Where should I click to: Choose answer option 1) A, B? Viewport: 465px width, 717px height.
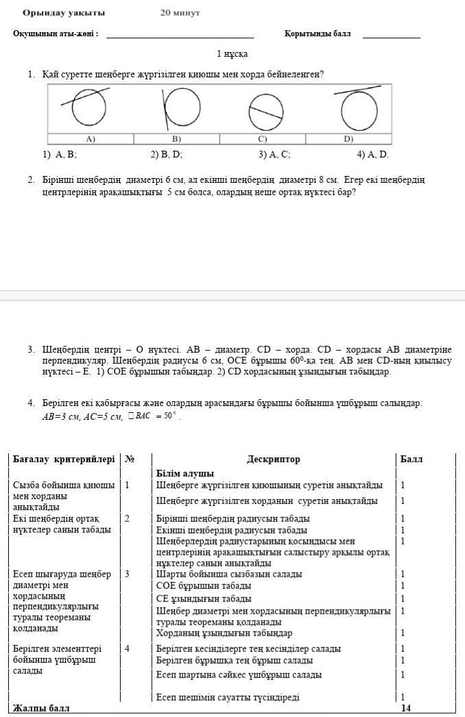coord(60,155)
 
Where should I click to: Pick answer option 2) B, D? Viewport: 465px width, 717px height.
coord(167,155)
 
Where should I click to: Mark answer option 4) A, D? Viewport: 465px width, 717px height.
coord(372,155)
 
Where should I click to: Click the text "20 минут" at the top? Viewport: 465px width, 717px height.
coord(180,13)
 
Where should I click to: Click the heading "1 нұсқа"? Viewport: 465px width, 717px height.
coord(232,53)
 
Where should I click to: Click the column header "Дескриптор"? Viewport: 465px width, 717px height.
coord(273,460)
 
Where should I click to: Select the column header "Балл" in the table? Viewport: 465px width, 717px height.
coord(412,460)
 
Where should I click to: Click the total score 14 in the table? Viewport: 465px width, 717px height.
coord(405,708)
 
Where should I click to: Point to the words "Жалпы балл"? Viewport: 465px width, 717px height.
coord(41,708)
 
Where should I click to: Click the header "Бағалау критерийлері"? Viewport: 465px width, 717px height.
coord(64,460)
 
